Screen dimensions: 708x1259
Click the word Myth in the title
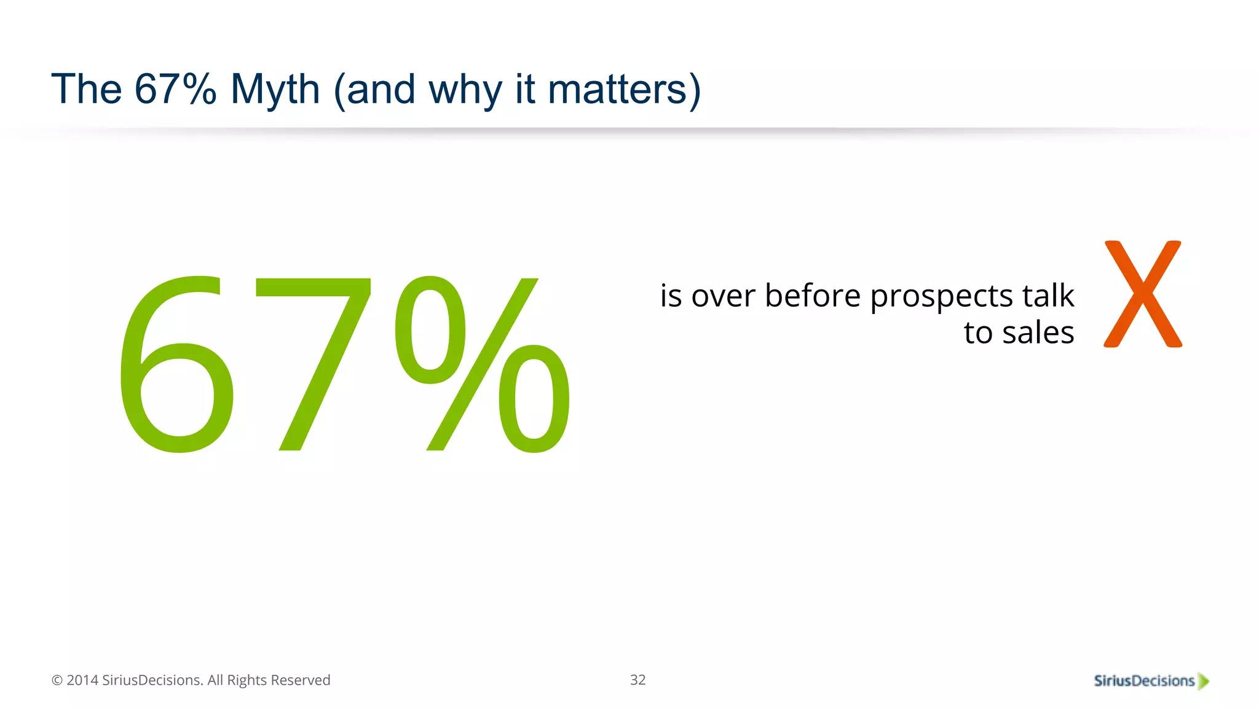click(x=275, y=90)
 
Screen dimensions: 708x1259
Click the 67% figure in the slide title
click(x=175, y=89)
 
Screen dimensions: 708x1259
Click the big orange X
click(x=1142, y=294)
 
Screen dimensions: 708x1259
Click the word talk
click(x=1048, y=296)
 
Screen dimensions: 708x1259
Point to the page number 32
click(x=637, y=680)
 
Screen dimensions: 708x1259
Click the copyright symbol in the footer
click(x=57, y=680)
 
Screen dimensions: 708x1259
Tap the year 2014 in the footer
click(x=82, y=680)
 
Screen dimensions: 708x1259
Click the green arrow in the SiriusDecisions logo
click(x=1204, y=681)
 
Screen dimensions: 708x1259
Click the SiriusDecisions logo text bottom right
click(x=1143, y=681)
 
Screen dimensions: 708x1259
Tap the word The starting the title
click(x=86, y=90)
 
